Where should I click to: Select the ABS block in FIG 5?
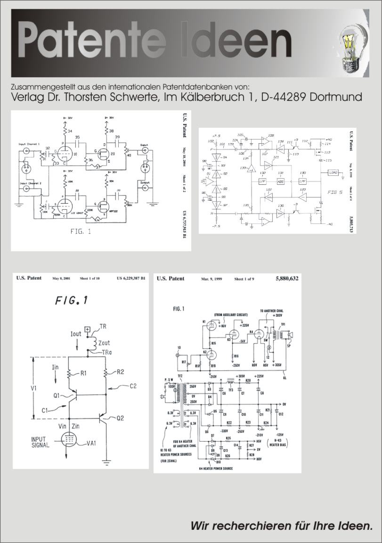pyautogui.click(x=281, y=181)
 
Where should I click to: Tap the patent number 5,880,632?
pyautogui.click(x=287, y=279)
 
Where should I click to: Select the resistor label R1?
pyautogui.click(x=83, y=373)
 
